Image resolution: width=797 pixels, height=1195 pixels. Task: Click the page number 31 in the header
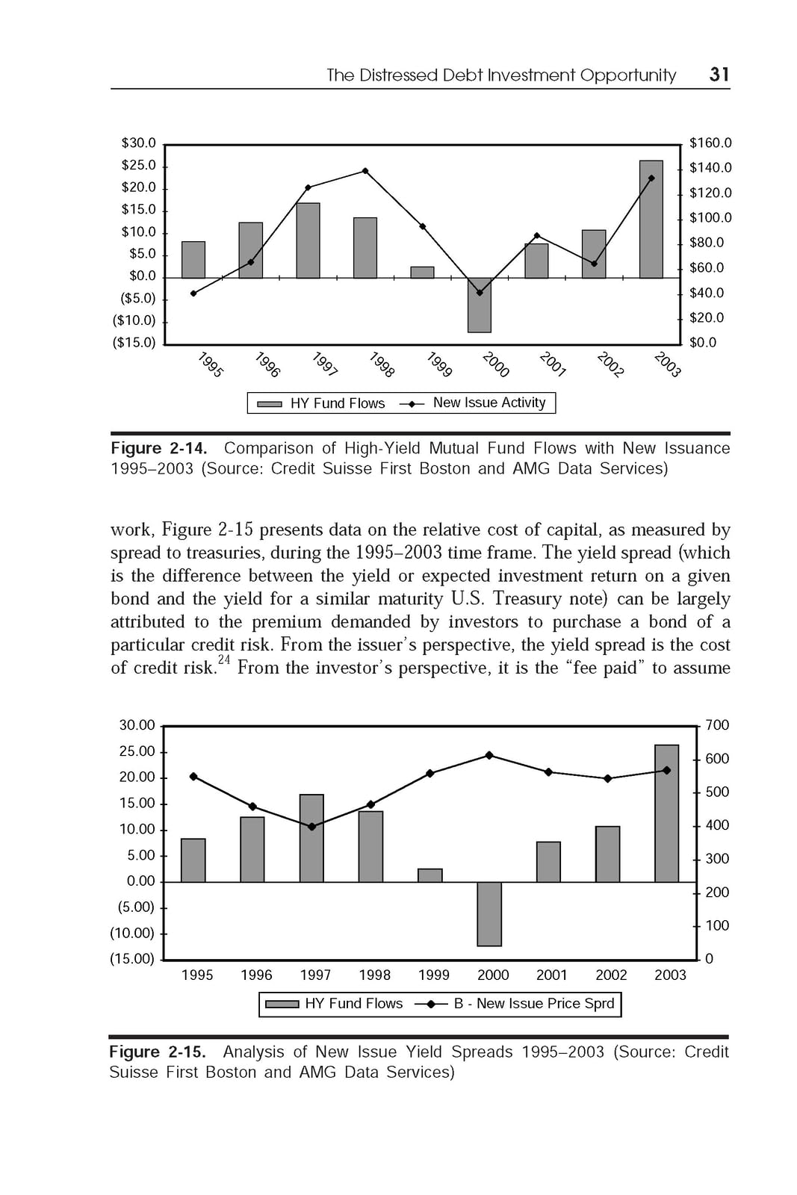tap(719, 74)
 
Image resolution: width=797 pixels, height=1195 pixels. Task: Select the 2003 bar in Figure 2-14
tap(651, 220)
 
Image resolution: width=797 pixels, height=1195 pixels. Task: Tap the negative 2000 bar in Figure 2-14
tap(480, 305)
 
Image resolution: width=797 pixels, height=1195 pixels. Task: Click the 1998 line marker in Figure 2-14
tap(365, 171)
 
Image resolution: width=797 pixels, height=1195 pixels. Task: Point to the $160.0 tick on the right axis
tap(710, 143)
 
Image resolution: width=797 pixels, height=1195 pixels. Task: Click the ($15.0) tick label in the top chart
tap(134, 343)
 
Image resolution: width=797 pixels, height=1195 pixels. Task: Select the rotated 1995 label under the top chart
tap(211, 364)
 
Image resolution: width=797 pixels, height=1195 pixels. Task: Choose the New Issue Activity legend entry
tap(489, 403)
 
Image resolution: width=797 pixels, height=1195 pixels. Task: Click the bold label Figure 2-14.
tap(158, 448)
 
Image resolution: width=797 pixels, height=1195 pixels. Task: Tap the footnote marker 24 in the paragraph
tap(224, 659)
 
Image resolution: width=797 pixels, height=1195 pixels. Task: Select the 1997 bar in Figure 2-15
tap(311, 838)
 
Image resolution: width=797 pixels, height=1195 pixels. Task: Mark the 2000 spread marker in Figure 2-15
tap(489, 755)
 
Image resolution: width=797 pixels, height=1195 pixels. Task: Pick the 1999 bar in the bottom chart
tap(430, 875)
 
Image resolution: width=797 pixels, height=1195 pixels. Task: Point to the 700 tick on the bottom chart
tap(717, 725)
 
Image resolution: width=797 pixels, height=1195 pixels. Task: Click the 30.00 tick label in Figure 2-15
tap(137, 725)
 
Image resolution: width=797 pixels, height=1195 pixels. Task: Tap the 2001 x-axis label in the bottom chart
tap(552, 975)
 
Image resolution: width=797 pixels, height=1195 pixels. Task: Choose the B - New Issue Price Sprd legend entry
tap(533, 1004)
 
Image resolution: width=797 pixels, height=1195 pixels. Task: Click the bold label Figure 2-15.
tap(157, 1052)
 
